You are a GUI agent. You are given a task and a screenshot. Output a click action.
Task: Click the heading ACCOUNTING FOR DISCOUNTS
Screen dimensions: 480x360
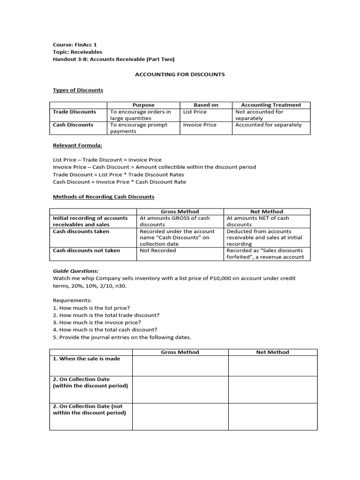click(180, 74)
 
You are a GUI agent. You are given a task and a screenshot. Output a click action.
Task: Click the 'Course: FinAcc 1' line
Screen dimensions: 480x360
click(75, 45)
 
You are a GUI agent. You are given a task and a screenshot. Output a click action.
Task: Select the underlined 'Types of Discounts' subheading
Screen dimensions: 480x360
click(78, 90)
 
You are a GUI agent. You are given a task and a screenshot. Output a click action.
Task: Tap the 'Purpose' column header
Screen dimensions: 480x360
click(143, 105)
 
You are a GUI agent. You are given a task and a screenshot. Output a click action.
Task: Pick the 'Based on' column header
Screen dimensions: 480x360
click(206, 105)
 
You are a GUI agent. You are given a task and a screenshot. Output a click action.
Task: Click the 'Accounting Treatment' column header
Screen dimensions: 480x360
click(271, 105)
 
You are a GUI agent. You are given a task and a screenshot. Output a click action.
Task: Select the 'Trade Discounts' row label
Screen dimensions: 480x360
click(75, 112)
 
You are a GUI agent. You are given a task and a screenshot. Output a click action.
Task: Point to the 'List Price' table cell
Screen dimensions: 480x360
click(195, 112)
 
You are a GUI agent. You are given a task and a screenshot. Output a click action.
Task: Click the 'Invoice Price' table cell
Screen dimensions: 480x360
click(199, 125)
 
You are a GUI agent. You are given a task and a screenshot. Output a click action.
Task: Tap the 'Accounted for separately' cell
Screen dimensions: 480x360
click(268, 125)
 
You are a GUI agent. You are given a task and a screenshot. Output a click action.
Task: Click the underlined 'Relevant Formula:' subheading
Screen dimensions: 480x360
click(77, 145)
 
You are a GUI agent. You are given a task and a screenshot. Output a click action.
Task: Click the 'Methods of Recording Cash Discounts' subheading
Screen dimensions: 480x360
click(103, 196)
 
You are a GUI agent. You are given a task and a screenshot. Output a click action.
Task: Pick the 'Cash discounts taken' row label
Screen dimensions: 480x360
click(81, 232)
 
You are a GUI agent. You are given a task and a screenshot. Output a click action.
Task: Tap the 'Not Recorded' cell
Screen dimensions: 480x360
click(158, 251)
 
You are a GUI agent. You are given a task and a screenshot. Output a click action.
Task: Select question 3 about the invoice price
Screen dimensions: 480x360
click(97, 322)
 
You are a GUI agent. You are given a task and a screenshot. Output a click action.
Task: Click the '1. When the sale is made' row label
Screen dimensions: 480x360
click(86, 359)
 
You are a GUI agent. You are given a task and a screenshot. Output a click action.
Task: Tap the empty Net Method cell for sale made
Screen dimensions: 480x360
click(272, 366)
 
